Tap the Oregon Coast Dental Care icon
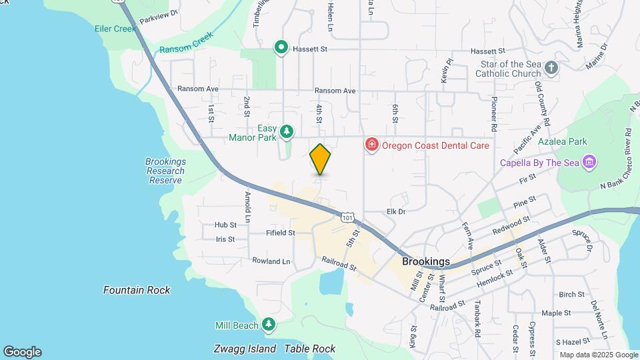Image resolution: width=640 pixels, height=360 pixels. pyautogui.click(x=371, y=145)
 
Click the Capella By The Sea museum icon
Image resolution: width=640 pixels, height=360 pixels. pyautogui.click(x=589, y=163)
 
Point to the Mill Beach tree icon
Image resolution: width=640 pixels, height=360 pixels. pyautogui.click(x=268, y=325)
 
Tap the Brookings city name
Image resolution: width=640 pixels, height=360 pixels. pyautogui.click(x=425, y=261)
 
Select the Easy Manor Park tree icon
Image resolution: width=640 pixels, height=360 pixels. pyautogui.click(x=287, y=131)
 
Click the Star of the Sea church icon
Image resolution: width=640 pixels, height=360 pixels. pyautogui.click(x=551, y=67)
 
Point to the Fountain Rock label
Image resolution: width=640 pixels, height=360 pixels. pyautogui.click(x=137, y=290)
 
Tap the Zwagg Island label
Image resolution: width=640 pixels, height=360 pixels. pyautogui.click(x=245, y=349)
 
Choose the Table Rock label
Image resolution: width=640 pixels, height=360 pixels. pyautogui.click(x=309, y=349)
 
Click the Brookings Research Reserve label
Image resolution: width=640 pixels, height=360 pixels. pyautogui.click(x=165, y=171)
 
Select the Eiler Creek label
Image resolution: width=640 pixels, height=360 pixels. pyautogui.click(x=115, y=29)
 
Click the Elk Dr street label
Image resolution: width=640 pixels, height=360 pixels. pyautogui.click(x=396, y=211)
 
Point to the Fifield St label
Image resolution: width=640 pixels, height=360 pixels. pyautogui.click(x=280, y=233)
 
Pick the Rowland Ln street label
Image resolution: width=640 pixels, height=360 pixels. pyautogui.click(x=271, y=261)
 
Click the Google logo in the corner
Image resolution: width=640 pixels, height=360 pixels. pyautogui.click(x=22, y=352)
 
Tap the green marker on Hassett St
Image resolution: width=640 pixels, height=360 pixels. pyautogui.click(x=281, y=47)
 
